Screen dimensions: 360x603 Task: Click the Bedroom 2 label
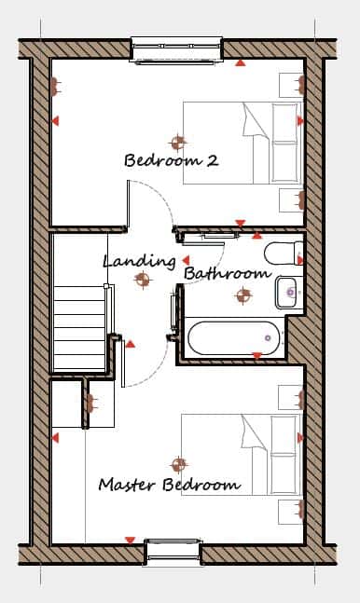[x=172, y=160]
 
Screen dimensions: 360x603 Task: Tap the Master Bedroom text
[x=170, y=484]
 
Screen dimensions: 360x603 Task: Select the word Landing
[x=139, y=262]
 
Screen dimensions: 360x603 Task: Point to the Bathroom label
[x=228, y=274]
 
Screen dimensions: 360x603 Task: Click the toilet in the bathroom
[x=284, y=254]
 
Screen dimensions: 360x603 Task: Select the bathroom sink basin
[x=289, y=293]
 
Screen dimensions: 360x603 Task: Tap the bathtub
[x=236, y=338]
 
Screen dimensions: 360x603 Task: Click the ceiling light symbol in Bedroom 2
[x=177, y=143]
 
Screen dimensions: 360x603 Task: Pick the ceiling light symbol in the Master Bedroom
[x=179, y=464]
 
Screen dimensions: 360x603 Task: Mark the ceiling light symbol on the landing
[x=142, y=279]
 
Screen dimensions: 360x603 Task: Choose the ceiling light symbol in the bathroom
[x=243, y=295]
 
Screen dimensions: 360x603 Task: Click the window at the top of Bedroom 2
[x=176, y=49]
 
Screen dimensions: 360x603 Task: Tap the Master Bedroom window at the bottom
[x=173, y=553]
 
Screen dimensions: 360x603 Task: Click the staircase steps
[x=79, y=328]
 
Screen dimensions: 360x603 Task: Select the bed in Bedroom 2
[x=242, y=143]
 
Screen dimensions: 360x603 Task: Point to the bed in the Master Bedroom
[x=242, y=455]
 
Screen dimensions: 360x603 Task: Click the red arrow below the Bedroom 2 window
[x=241, y=62]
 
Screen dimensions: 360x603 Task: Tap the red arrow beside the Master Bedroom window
[x=131, y=541]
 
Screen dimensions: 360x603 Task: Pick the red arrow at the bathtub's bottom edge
[x=257, y=356]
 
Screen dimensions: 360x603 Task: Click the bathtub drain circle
[x=268, y=338]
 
